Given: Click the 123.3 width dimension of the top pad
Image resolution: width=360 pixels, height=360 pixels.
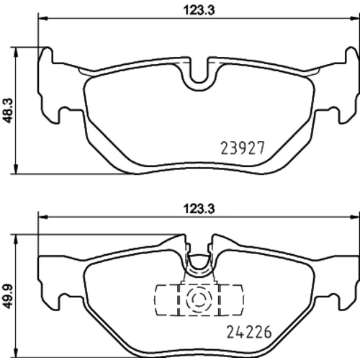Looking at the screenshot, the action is coord(199,11).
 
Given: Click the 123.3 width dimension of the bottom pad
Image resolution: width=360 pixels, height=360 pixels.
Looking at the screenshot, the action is coord(199,209).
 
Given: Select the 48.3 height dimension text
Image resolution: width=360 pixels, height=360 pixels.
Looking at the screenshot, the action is coord(9,111).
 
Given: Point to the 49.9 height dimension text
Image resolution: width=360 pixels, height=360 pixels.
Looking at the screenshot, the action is coord(9,297).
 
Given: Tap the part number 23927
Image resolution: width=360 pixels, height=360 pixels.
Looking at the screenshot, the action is coord(243,148).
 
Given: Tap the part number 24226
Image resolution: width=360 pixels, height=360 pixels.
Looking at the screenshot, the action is coord(249,332).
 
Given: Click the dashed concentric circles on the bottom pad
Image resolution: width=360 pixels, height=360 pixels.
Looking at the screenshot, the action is coord(199,299).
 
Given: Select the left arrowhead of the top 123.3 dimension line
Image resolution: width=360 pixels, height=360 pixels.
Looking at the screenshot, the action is coord(42,18).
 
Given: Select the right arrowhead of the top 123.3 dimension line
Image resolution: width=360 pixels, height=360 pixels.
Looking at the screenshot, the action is coord(356,18).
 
